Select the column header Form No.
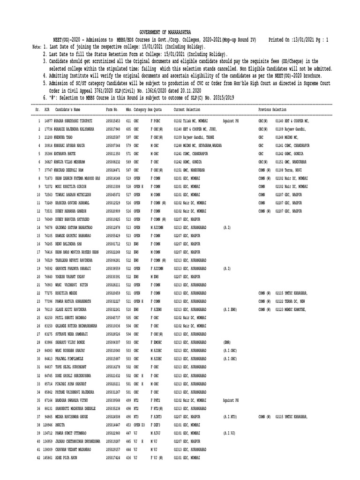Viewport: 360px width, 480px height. point(112,109)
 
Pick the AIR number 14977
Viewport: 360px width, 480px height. point(47,120)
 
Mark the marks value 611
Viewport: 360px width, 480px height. point(128,120)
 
